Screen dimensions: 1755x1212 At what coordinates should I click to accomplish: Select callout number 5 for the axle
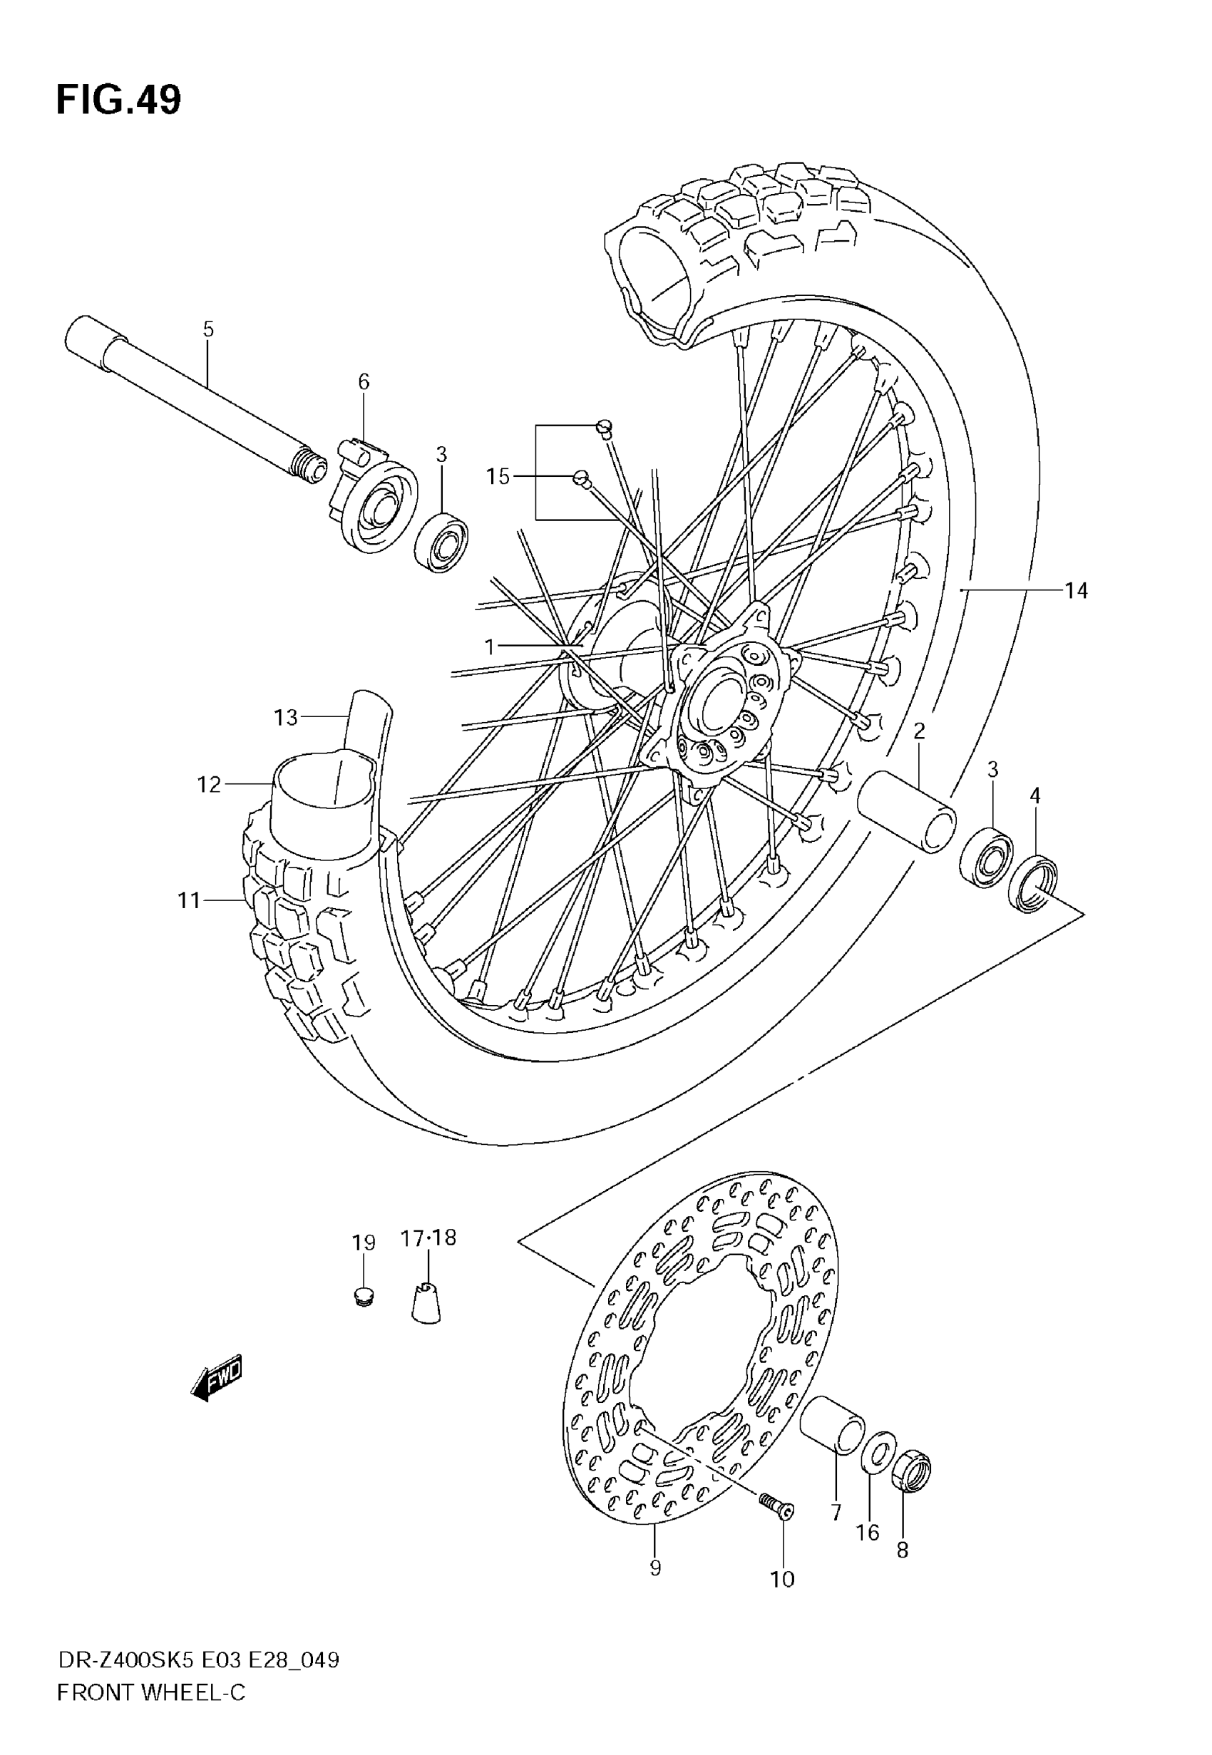(x=208, y=329)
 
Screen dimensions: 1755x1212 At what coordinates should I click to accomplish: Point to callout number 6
(x=364, y=382)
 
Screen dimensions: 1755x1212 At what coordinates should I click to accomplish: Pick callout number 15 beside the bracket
(x=498, y=477)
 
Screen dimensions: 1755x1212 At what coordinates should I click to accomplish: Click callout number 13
(x=287, y=717)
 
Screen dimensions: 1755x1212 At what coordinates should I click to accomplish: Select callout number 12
(x=209, y=784)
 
